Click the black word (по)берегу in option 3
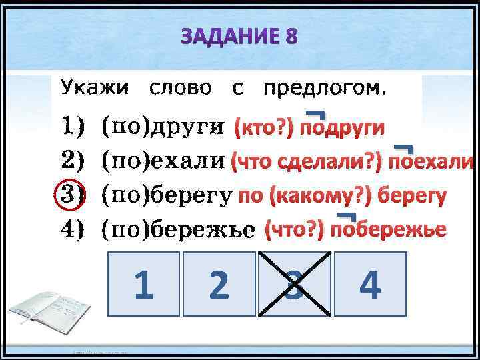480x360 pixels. coord(166,195)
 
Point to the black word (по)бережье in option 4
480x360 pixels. coord(177,230)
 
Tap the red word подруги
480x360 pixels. coord(341,127)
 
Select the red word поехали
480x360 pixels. coord(431,162)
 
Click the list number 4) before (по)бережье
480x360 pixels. coord(73,229)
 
